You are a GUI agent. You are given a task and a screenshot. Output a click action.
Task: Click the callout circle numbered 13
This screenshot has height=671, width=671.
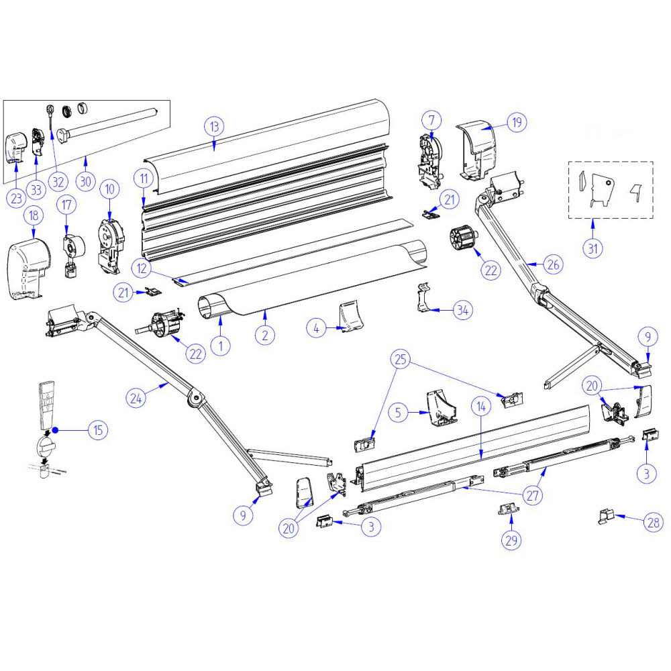(214, 126)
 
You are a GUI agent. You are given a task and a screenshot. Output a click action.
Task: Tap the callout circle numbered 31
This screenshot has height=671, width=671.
(592, 248)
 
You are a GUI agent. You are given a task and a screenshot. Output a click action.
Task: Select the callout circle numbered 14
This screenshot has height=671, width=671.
(480, 405)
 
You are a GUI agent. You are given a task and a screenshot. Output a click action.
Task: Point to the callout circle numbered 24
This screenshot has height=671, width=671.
(137, 398)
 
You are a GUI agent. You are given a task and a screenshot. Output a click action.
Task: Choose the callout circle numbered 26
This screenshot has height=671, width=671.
(554, 264)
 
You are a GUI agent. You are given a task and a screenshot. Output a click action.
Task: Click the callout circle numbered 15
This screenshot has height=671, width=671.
(98, 430)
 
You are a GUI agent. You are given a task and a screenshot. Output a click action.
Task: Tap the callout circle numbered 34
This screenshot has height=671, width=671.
(462, 310)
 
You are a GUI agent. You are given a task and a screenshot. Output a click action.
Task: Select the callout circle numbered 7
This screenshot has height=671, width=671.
(431, 121)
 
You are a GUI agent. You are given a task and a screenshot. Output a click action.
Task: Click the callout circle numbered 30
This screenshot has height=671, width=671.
(87, 180)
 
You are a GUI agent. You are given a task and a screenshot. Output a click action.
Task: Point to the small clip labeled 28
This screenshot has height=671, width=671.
(606, 517)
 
